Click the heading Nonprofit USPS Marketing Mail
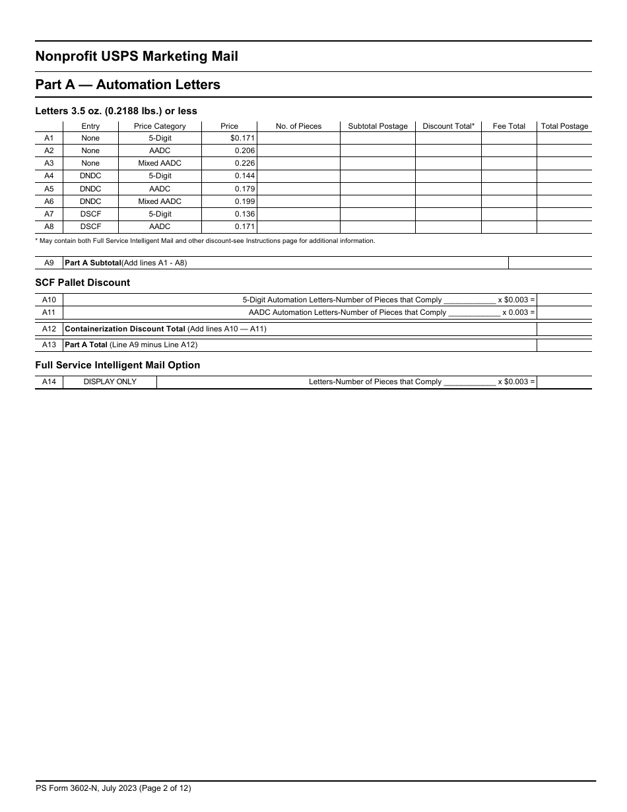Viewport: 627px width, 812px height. pos(137,57)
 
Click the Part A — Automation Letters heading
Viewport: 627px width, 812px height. pos(127,85)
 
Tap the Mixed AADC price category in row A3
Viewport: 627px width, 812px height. pos(160,163)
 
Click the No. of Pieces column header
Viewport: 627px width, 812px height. pos(298,126)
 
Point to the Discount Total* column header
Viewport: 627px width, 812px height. pos(448,126)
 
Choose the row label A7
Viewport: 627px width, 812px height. pos(49,214)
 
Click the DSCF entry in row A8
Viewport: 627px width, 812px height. pos(90,226)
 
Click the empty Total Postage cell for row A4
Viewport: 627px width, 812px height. pos(564,176)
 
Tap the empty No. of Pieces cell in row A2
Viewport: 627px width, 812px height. pos(298,151)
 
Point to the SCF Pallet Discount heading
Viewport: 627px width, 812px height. pos(82,283)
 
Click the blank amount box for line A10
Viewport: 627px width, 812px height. pos(564,300)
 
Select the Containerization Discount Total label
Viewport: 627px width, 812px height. pos(125,329)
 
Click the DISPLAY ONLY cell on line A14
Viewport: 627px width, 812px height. pos(110,382)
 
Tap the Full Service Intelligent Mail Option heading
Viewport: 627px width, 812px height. pos(117,365)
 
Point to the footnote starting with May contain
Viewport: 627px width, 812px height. pos(205,241)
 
